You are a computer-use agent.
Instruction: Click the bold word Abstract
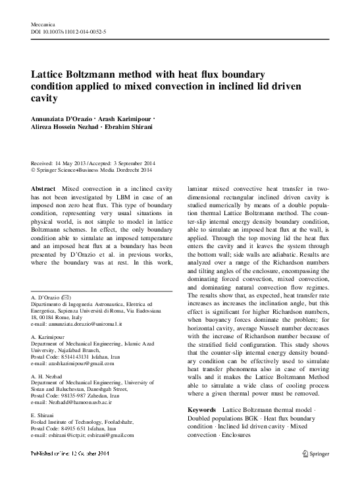(43, 188)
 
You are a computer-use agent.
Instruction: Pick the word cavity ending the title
(44, 100)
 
